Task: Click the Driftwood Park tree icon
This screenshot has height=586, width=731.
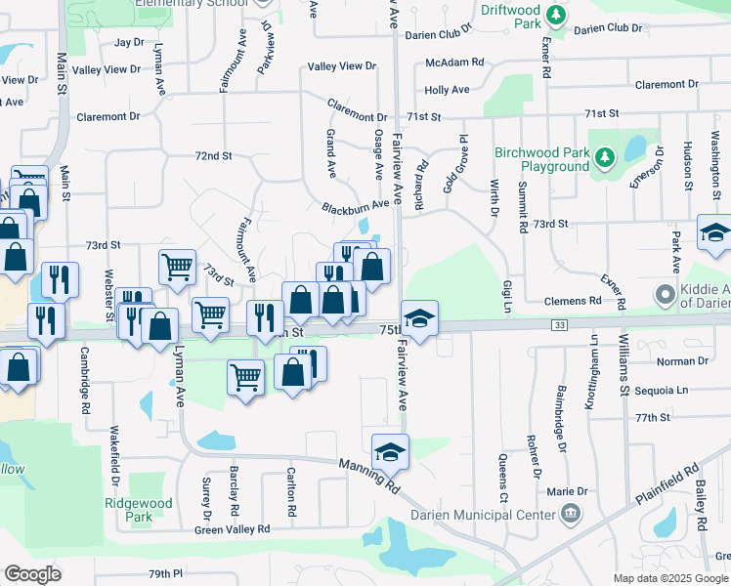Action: (556, 15)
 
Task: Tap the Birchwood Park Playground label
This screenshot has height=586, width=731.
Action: (541, 159)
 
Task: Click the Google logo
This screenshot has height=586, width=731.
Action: (32, 574)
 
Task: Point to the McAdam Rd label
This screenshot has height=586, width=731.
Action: (454, 63)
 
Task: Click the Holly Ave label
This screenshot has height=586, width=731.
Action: (447, 90)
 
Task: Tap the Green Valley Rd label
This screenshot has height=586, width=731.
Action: (232, 529)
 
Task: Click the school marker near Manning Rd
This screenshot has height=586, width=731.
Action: (390, 452)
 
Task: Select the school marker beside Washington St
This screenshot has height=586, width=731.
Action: (714, 233)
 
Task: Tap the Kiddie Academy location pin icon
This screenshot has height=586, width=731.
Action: (666, 294)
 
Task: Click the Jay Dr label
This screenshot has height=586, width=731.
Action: (128, 43)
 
